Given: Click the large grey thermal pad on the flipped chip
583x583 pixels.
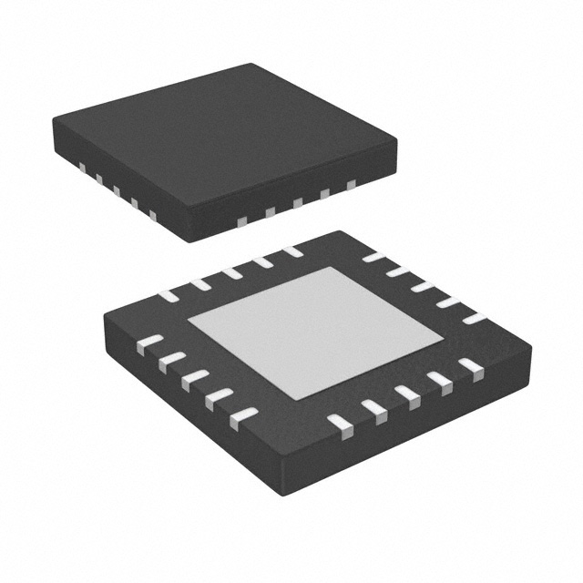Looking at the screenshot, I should (315, 332).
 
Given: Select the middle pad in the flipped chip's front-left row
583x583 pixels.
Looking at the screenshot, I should (194, 379).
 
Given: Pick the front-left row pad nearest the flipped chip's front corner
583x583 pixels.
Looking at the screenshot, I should (243, 418).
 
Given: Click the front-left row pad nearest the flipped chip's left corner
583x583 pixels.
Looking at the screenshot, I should (148, 344).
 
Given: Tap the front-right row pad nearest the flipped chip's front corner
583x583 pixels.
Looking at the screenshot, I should (341, 423).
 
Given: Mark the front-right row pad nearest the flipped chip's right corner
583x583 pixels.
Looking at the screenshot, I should (471, 365).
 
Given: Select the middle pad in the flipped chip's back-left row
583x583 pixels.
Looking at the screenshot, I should (231, 272).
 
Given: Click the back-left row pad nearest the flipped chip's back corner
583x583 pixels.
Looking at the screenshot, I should (292, 251).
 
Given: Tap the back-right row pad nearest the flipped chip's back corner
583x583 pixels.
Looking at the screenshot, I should (374, 257).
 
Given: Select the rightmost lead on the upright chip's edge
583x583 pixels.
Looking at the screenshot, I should (351, 184).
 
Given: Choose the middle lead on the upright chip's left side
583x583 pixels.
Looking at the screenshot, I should (116, 191).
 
